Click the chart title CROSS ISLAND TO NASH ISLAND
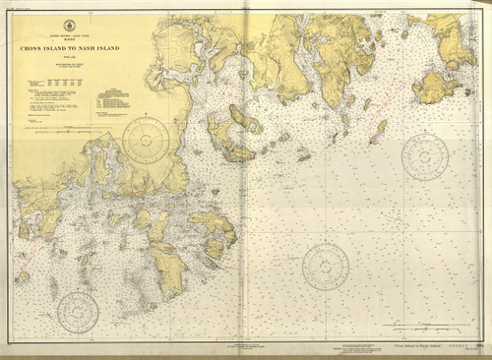(69, 47)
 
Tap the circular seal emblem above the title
(69, 25)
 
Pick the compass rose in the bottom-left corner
(77, 312)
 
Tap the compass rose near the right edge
(425, 157)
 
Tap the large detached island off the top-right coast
(433, 88)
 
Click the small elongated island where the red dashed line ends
(378, 132)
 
